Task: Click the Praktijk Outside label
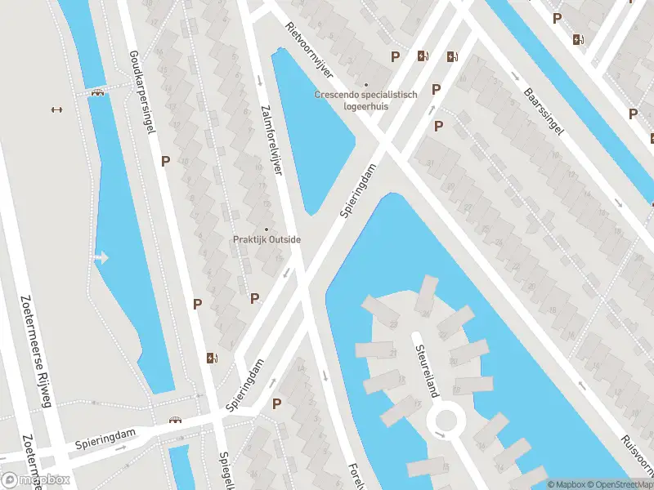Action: tap(265, 239)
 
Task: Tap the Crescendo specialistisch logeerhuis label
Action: tap(365, 100)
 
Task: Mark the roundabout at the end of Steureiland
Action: tap(446, 421)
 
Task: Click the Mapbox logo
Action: tap(35, 479)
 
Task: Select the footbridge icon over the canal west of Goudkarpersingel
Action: tap(98, 92)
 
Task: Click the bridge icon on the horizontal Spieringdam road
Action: tap(175, 421)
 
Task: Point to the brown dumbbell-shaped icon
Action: tap(56, 109)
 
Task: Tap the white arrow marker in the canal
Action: tap(101, 258)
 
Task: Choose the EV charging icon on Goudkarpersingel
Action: tap(213, 357)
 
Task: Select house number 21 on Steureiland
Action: tap(392, 353)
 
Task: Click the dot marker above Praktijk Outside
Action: tap(265, 229)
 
